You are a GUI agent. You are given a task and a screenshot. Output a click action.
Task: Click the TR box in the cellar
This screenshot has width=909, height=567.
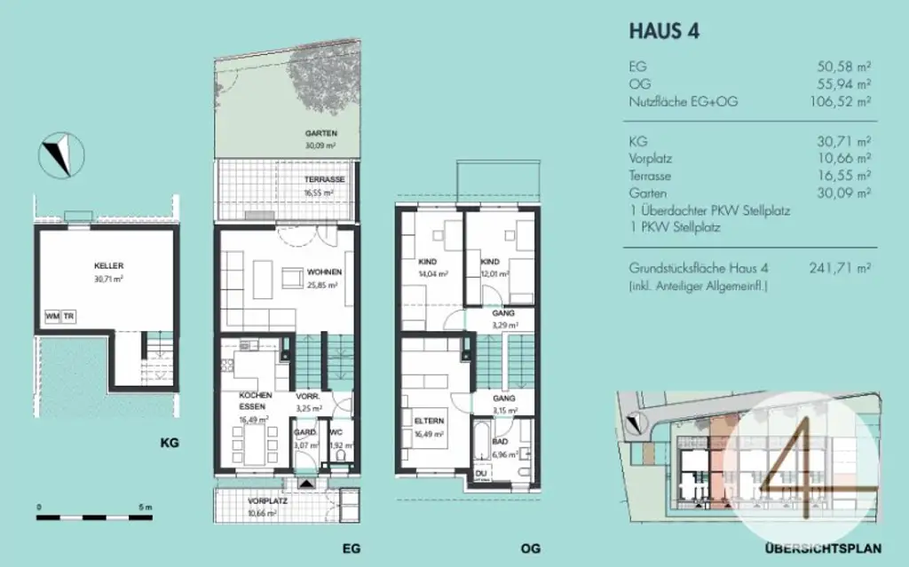click(x=69, y=317)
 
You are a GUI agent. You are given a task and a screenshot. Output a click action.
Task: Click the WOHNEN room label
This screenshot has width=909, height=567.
click(x=323, y=272)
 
